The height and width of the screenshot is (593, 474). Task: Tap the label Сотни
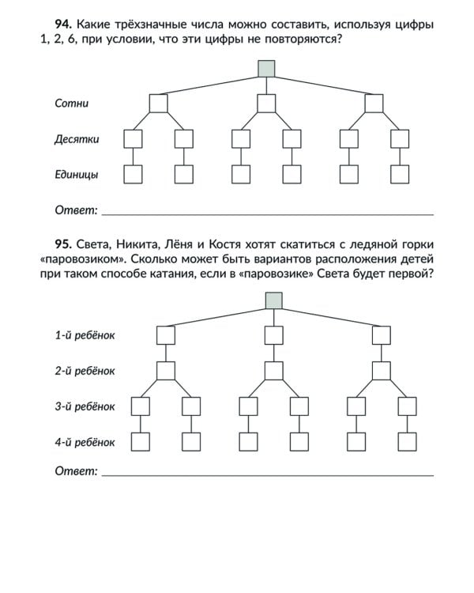[x=71, y=104]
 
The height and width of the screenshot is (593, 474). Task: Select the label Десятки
[x=76, y=139]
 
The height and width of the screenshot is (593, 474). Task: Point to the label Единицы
[x=77, y=174]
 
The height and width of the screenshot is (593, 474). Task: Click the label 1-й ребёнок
[x=85, y=335]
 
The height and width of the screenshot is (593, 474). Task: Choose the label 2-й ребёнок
[x=85, y=370]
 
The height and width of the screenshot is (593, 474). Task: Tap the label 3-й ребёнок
[x=85, y=406]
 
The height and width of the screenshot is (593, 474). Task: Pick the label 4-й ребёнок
[x=85, y=442]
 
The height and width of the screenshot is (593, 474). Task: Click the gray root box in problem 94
[x=267, y=69]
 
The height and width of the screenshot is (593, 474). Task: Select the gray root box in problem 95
[x=274, y=300]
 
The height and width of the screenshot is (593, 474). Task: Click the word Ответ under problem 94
[x=76, y=210]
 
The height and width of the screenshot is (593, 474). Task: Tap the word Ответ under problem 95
[x=76, y=470]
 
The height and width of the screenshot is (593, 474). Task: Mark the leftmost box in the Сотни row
[x=159, y=104]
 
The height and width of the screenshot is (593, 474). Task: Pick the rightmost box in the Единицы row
[x=400, y=174]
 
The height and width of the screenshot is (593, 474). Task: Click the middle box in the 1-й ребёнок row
[x=273, y=335]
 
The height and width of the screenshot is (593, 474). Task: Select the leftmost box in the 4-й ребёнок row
[x=141, y=442]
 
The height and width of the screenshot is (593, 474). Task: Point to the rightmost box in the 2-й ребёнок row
[x=382, y=370]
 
